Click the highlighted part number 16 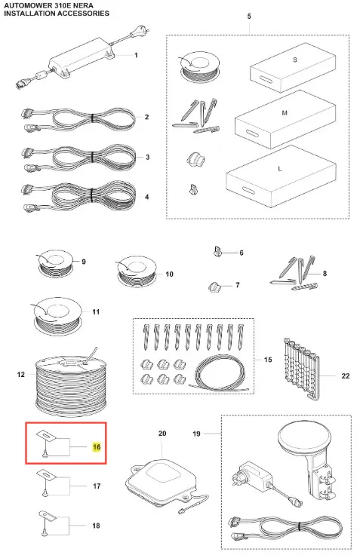pyautogui.click(x=97, y=446)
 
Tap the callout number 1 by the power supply pyautogui.click(x=136, y=55)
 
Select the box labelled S pyautogui.click(x=293, y=67)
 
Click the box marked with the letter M pyautogui.click(x=285, y=119)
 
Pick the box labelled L pyautogui.click(x=281, y=176)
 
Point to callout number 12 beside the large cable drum pyautogui.click(x=21, y=374)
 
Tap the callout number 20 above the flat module pyautogui.click(x=162, y=434)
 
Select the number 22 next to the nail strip pyautogui.click(x=346, y=376)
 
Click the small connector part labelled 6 pyautogui.click(x=217, y=251)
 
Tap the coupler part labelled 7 pyautogui.click(x=214, y=287)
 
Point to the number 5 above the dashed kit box pyautogui.click(x=249, y=17)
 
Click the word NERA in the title pyautogui.click(x=83, y=6)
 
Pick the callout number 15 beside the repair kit pyautogui.click(x=268, y=360)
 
